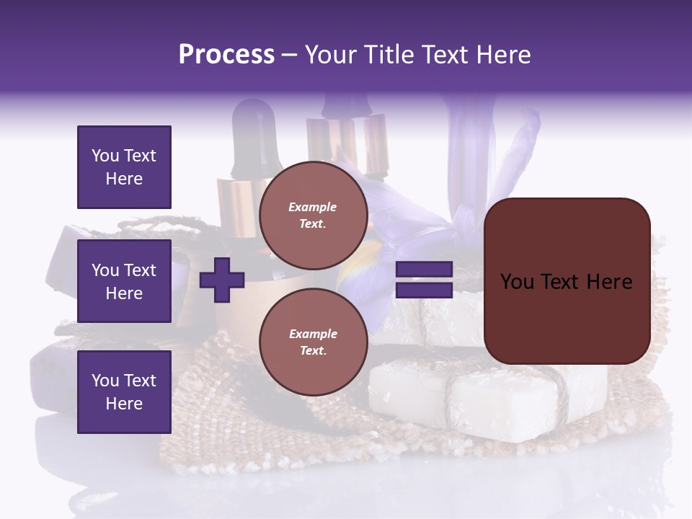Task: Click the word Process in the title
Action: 226,55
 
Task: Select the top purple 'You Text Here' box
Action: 124,167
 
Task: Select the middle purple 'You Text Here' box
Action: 124,281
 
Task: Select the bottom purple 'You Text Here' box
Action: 124,391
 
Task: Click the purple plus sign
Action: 222,280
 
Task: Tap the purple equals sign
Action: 424,280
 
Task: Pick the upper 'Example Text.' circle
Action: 313,216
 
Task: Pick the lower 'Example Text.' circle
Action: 313,342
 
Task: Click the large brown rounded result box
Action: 567,280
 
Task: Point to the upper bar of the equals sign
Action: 424,270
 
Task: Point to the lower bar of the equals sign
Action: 424,290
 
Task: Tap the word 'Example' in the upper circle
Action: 313,207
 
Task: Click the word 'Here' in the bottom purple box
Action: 124,404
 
